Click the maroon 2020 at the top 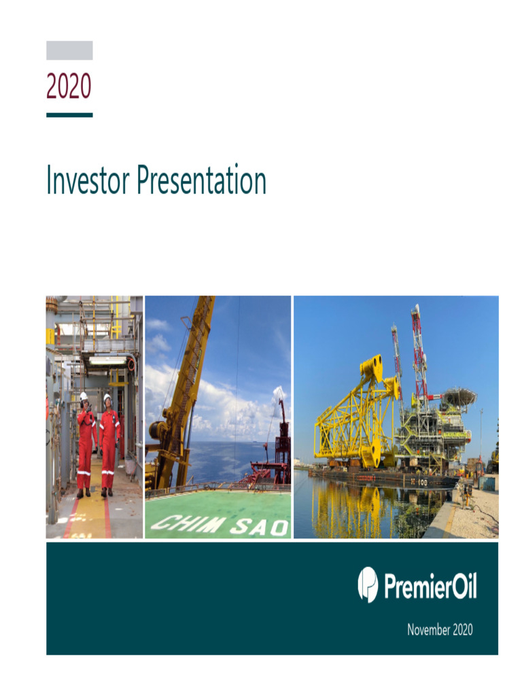(69, 86)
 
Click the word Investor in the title (88, 181)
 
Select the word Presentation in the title (201, 181)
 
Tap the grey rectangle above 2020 (69, 50)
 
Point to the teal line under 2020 (69, 115)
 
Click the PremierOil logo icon (368, 585)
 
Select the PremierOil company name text (430, 586)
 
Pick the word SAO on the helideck (260, 525)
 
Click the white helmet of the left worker (84, 396)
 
